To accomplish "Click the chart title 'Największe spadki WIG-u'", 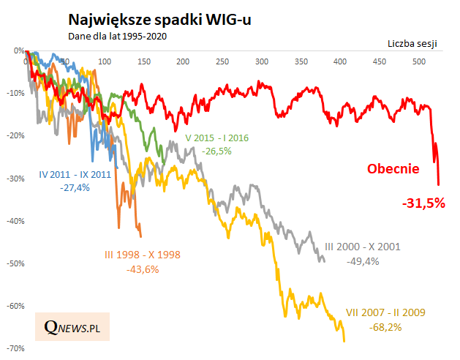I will point(159,20).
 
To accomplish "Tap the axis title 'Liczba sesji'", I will point(412,44).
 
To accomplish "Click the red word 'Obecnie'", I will point(393,170).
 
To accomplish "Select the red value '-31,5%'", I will point(423,203).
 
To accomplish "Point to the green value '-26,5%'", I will point(218,151).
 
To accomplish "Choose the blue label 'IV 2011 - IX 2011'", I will point(74,175).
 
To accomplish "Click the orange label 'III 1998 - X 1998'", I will point(141,255).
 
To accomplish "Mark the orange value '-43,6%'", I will point(141,269).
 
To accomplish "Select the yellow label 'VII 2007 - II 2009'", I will point(386,312).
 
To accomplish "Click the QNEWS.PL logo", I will point(72,326).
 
